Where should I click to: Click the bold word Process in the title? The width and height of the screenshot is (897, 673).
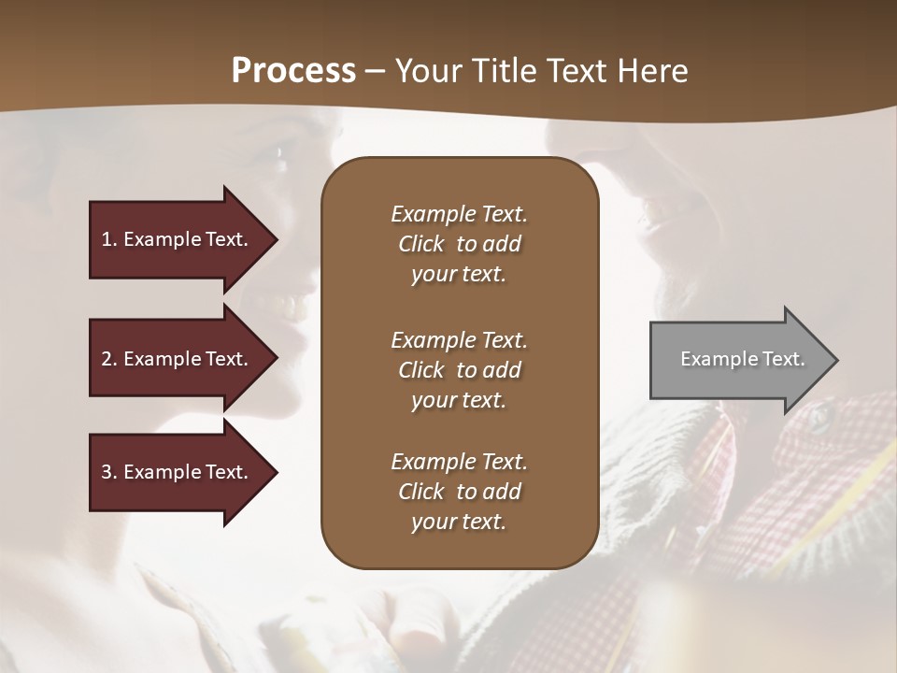[x=293, y=71]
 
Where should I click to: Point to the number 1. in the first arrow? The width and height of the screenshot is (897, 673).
[x=109, y=239]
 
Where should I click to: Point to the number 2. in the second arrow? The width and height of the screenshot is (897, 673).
[x=109, y=359]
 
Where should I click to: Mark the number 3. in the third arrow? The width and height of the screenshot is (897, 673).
[x=109, y=472]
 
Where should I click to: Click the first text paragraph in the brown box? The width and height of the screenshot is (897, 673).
[x=459, y=244]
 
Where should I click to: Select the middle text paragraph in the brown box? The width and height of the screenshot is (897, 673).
[x=459, y=369]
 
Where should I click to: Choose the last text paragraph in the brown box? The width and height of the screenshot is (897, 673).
[x=459, y=492]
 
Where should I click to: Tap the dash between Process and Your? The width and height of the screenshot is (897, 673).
[x=376, y=71]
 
